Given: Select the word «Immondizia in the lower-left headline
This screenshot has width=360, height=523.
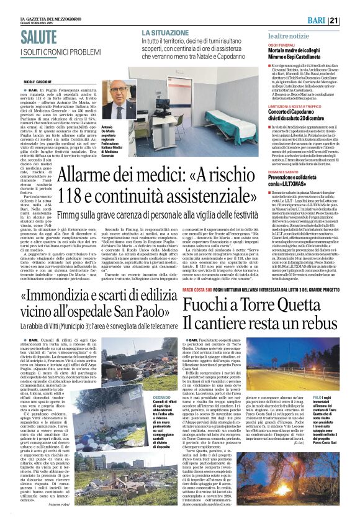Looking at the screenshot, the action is (x=66, y=296).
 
